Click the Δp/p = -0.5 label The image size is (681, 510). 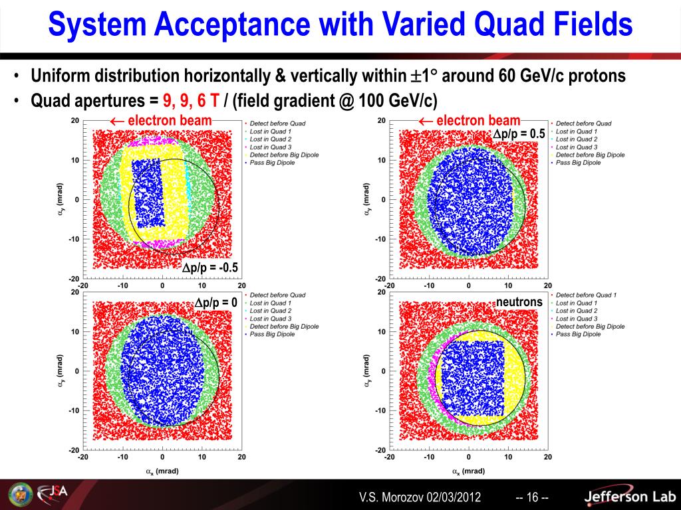[210, 268]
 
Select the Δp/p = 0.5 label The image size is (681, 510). [519, 134]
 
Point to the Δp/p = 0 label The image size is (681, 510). [215, 303]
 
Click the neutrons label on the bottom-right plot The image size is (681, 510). [519, 303]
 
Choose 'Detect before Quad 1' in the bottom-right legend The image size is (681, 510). [586, 295]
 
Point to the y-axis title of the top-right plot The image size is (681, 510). [367, 199]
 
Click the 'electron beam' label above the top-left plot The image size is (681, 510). [162, 120]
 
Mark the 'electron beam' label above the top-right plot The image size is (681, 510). [470, 120]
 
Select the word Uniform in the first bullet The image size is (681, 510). [60, 76]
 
